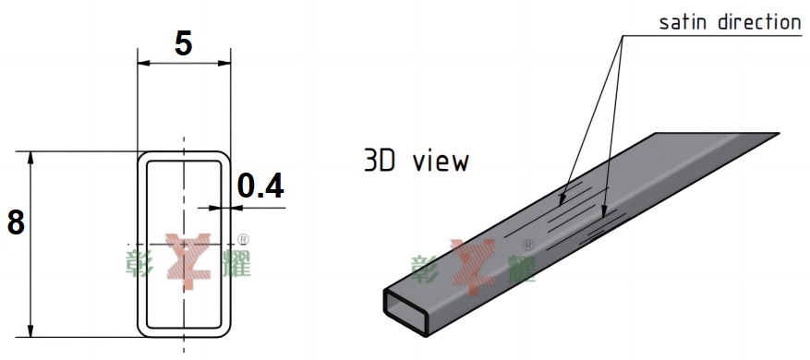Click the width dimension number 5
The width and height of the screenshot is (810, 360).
[x=184, y=43]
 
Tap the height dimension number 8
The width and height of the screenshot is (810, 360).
[x=16, y=222]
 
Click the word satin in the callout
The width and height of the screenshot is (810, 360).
[x=683, y=22]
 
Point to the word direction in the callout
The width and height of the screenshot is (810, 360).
[x=758, y=22]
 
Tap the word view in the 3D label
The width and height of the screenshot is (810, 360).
[x=441, y=162]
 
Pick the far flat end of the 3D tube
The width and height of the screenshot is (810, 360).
[x=718, y=137]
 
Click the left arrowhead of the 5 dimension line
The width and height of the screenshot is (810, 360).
[x=143, y=64]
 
